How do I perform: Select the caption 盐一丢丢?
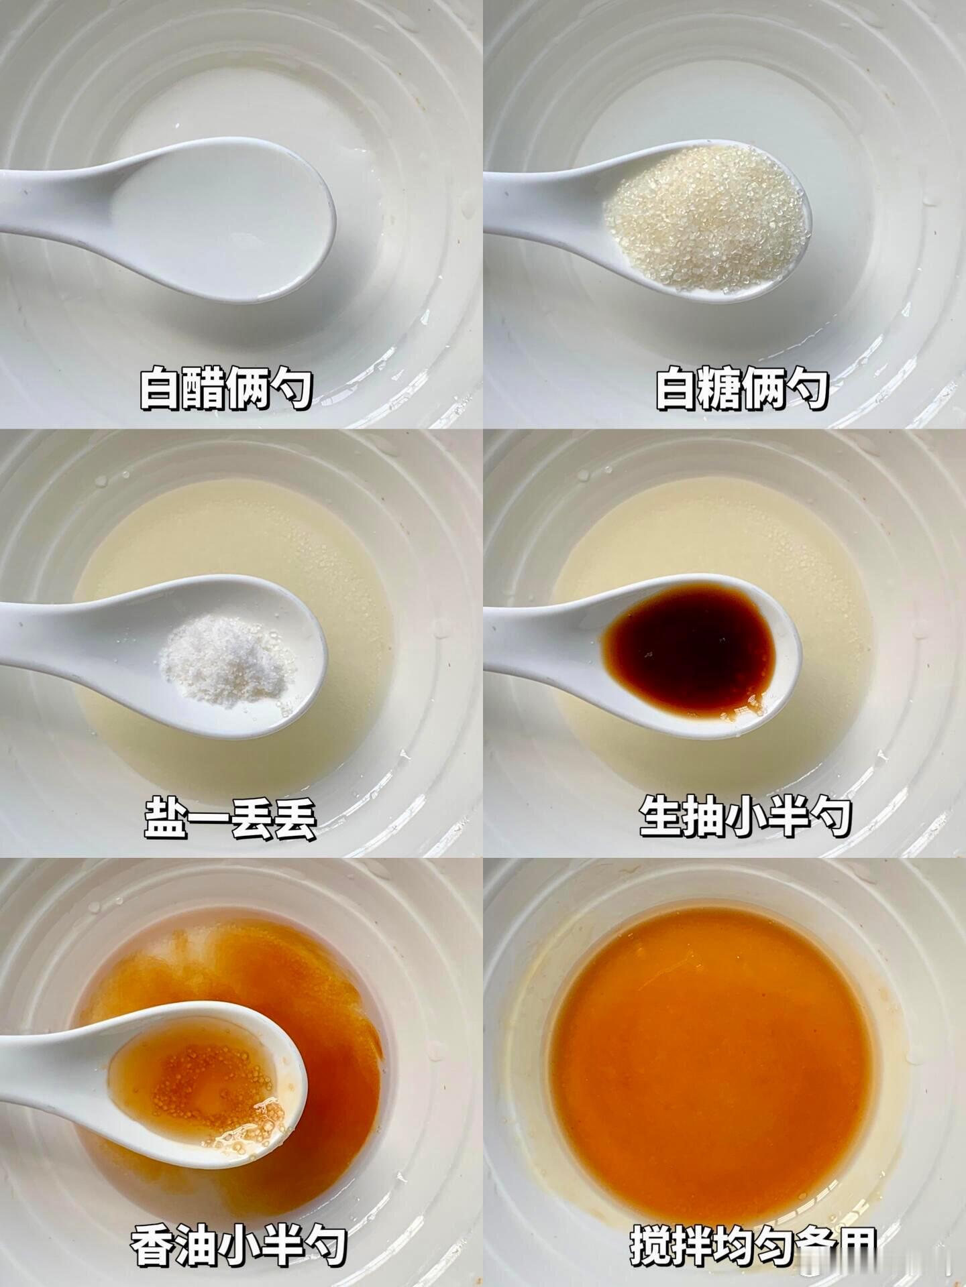(x=229, y=816)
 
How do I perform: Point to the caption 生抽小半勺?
(x=745, y=816)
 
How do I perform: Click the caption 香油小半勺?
(x=238, y=1245)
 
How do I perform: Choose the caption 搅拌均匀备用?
(x=753, y=1245)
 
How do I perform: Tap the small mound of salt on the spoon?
(x=228, y=657)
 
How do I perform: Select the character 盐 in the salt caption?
(x=165, y=816)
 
